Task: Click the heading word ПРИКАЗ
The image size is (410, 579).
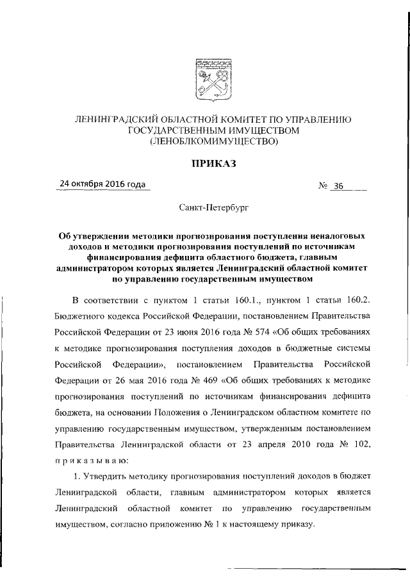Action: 211,165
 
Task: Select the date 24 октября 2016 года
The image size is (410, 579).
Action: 102,184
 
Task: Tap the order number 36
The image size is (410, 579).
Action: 338,187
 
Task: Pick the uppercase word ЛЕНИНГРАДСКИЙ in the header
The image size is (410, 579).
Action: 115,120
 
